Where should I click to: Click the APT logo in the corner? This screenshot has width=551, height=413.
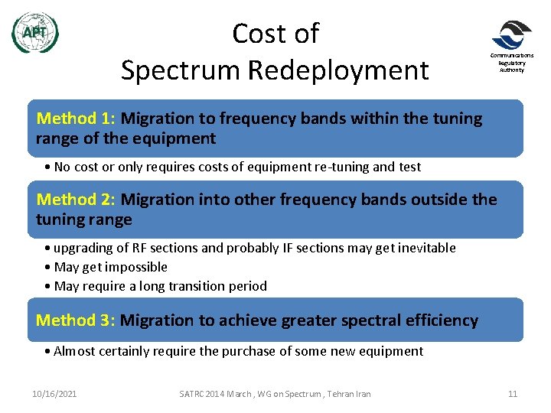pyautogui.click(x=35, y=33)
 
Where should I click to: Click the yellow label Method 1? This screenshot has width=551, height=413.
pyautogui.click(x=76, y=119)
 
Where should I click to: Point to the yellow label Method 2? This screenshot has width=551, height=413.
pyautogui.click(x=76, y=200)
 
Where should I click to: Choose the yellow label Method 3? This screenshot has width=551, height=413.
pyautogui.click(x=75, y=320)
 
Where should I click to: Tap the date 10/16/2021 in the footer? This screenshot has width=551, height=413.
pyautogui.click(x=54, y=394)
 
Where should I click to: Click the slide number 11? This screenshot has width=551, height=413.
pyautogui.click(x=513, y=394)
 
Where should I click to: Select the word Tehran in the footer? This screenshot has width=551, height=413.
pyautogui.click(x=337, y=394)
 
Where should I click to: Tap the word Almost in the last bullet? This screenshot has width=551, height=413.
pyautogui.click(x=75, y=351)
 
